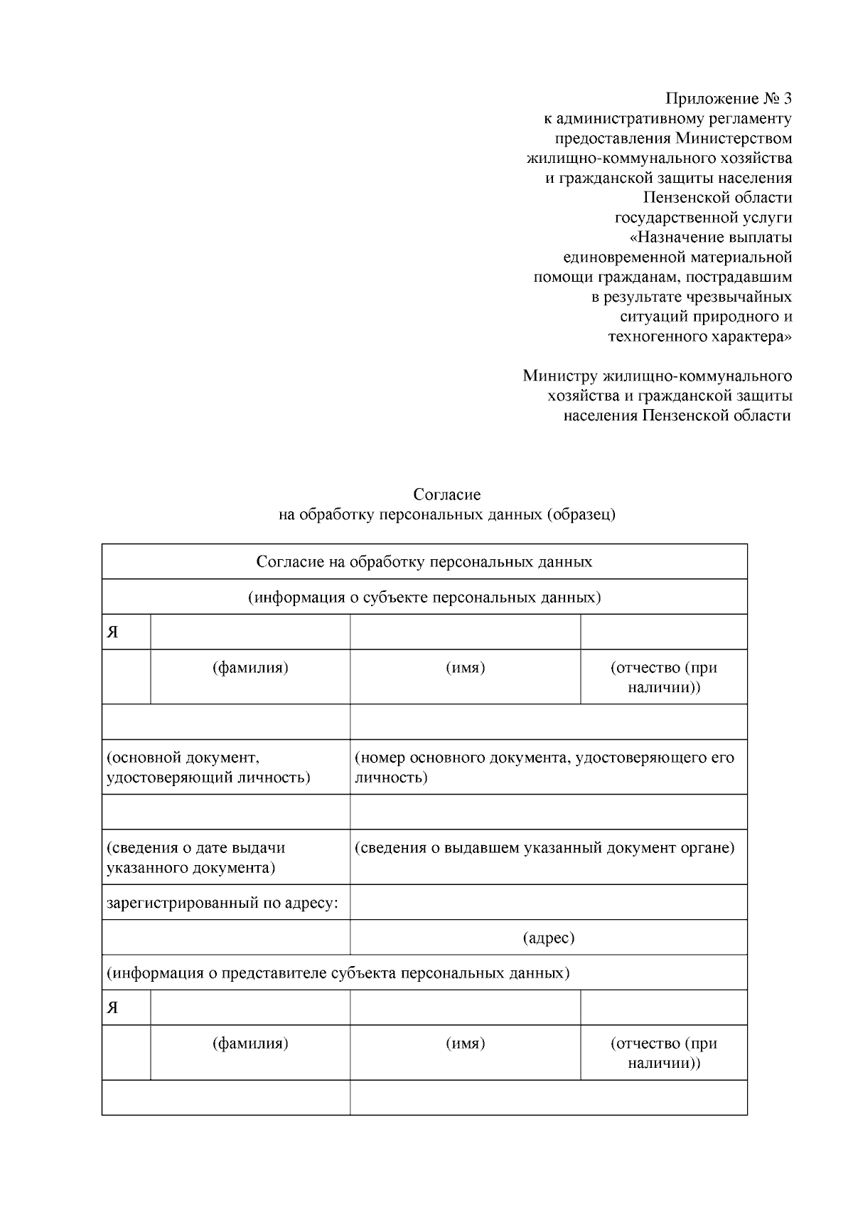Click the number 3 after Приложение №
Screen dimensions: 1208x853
pos(786,97)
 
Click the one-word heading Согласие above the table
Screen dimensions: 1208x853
pos(447,494)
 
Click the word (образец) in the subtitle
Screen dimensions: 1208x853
pos(581,514)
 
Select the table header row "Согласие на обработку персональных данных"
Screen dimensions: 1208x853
pos(424,562)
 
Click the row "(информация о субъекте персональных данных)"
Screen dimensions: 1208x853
pos(424,597)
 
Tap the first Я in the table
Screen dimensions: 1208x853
pos(113,632)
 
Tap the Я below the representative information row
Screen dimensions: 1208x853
pos(113,1008)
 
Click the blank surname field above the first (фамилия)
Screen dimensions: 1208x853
pos(250,632)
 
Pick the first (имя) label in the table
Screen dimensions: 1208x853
pos(465,668)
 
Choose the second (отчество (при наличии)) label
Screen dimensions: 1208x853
pos(664,1053)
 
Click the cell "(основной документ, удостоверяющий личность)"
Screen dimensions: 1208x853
pos(208,768)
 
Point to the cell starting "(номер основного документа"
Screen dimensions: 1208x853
pos(544,768)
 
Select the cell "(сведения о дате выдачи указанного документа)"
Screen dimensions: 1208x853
pos(196,857)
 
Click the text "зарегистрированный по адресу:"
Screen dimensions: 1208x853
pos(222,904)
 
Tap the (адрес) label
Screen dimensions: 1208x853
pos(548,938)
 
